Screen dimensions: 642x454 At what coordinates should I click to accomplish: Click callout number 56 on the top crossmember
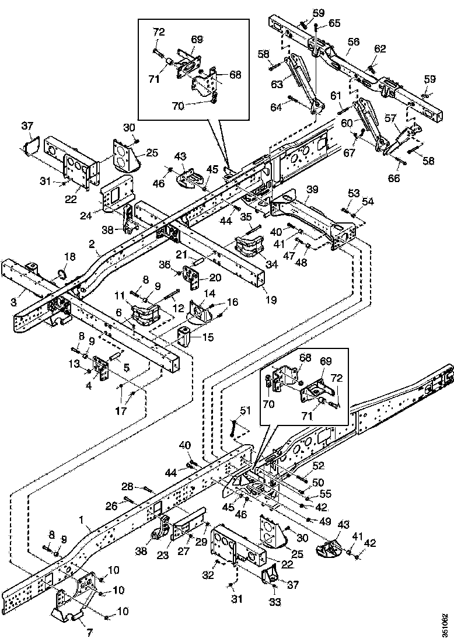click(354, 41)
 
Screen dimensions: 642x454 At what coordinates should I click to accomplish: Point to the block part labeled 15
click(186, 338)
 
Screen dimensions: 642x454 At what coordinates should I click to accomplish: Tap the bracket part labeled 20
click(191, 273)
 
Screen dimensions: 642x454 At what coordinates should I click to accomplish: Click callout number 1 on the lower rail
click(81, 519)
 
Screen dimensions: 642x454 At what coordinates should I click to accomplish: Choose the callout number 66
click(394, 178)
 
